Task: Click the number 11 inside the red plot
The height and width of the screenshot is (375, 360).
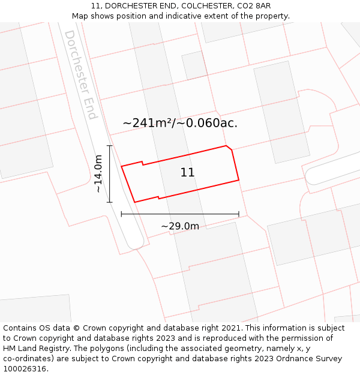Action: pyautogui.click(x=187, y=173)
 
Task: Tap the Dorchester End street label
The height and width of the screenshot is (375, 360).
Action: pyautogui.click(x=81, y=74)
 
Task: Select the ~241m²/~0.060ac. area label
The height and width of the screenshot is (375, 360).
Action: pyautogui.click(x=180, y=123)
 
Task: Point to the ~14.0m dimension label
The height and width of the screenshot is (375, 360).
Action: pyautogui.click(x=99, y=174)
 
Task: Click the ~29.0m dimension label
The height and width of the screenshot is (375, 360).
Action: pyautogui.click(x=180, y=226)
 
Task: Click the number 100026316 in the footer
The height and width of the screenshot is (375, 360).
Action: pyautogui.click(x=24, y=369)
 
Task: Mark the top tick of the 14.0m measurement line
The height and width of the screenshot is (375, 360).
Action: pyautogui.click(x=110, y=146)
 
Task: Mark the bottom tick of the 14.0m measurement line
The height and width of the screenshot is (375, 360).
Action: pyautogui.click(x=110, y=202)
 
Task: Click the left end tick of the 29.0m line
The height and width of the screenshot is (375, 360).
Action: pyautogui.click(x=122, y=214)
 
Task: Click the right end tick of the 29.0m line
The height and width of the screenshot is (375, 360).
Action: pyautogui.click(x=239, y=214)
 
